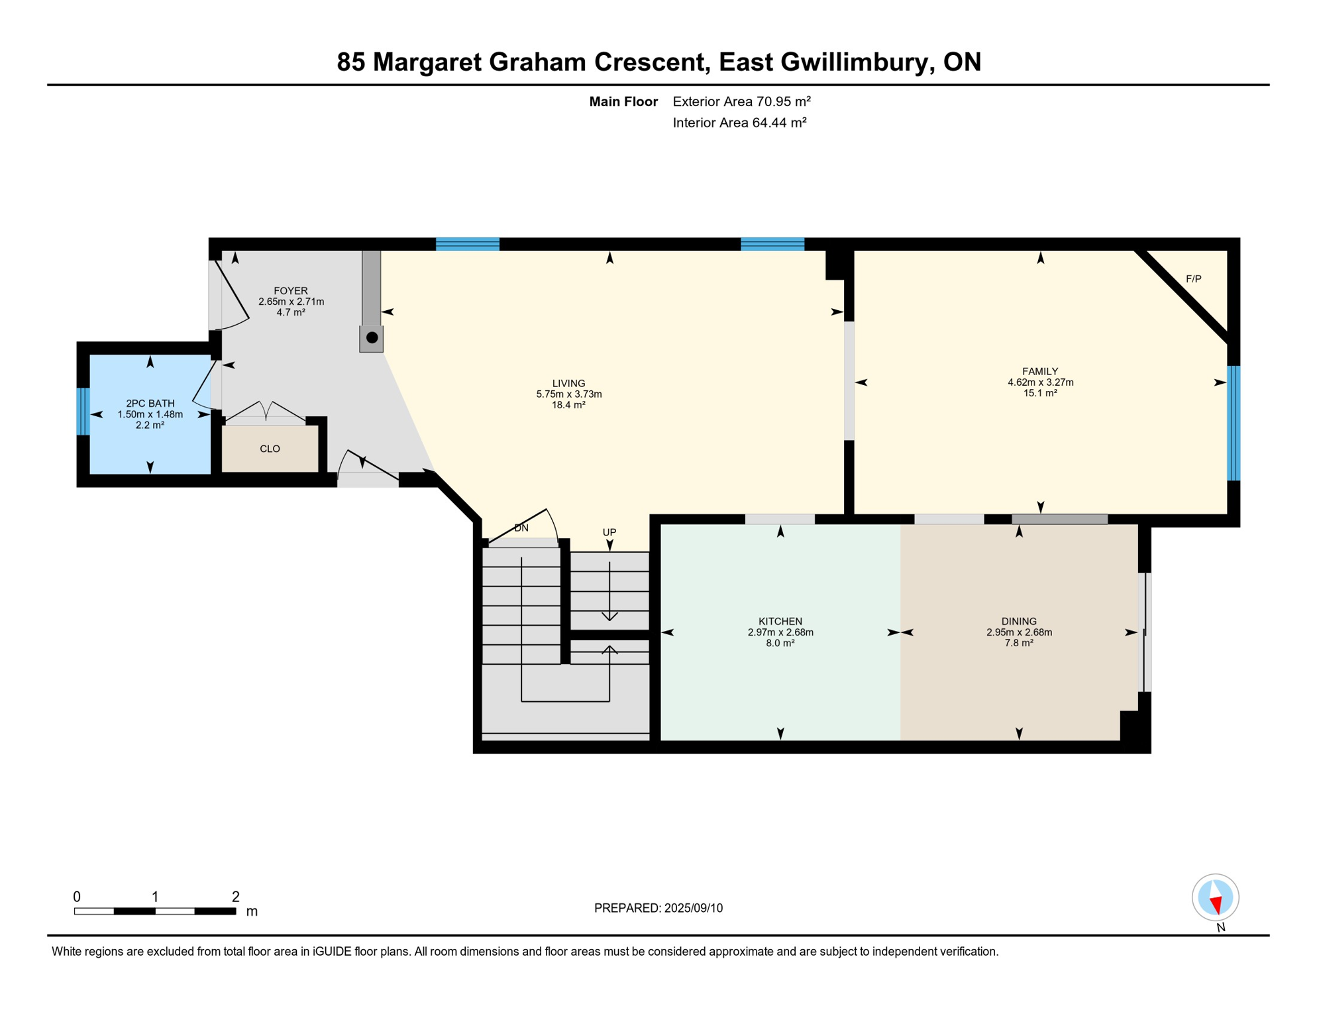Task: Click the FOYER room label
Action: click(x=290, y=291)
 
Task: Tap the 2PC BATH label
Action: click(x=150, y=404)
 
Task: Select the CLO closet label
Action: click(x=270, y=449)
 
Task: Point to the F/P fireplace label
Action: click(x=1193, y=279)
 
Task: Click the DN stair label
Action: click(x=521, y=528)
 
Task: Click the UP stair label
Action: click(x=609, y=532)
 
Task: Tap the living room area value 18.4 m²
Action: click(x=568, y=405)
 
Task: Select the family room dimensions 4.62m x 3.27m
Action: click(x=1040, y=382)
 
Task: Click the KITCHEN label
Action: click(x=780, y=622)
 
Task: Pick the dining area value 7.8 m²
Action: click(x=1018, y=643)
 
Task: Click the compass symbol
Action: click(x=1215, y=897)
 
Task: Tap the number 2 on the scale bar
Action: click(x=235, y=897)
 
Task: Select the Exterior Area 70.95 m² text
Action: click(x=741, y=101)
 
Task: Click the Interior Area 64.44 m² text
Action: click(x=739, y=123)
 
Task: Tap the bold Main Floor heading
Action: click(x=623, y=101)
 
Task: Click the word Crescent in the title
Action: click(x=652, y=62)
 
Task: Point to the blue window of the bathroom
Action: click(x=83, y=411)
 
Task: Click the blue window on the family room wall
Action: click(x=1233, y=423)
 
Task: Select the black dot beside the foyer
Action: click(x=372, y=337)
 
